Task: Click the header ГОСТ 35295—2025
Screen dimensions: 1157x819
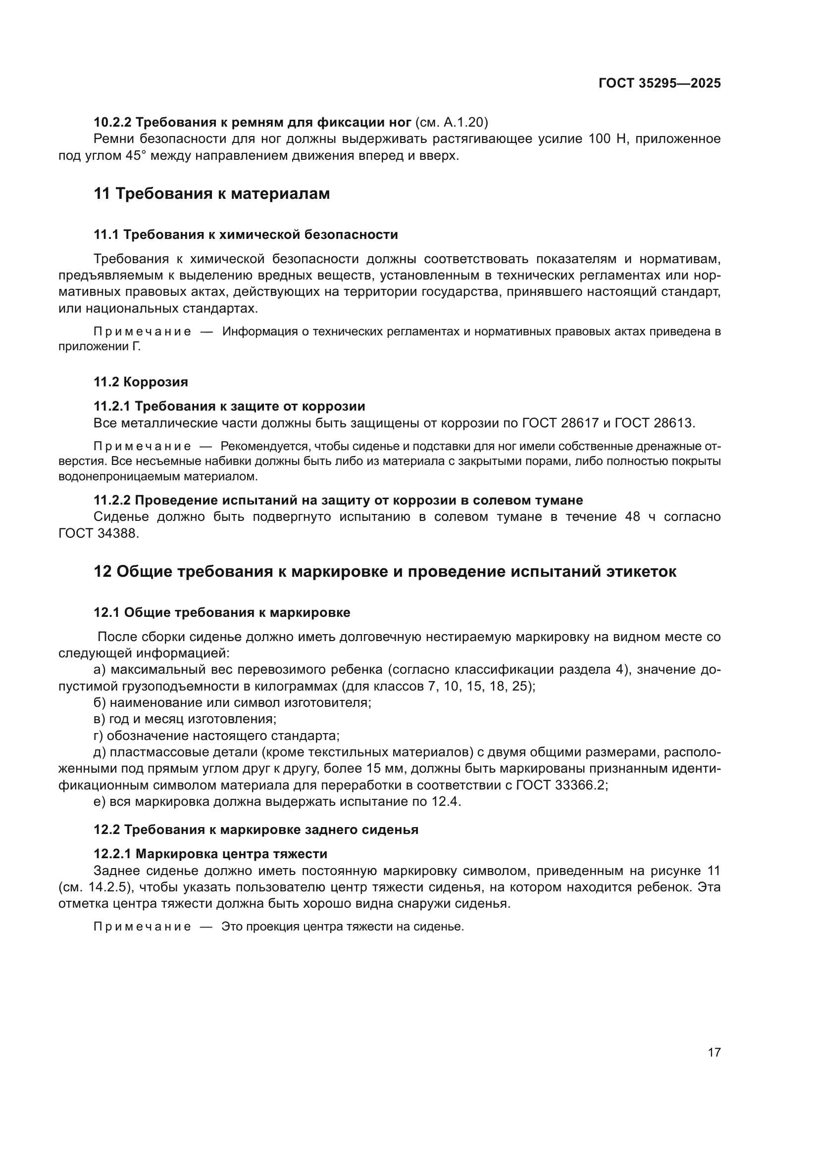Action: [x=659, y=84]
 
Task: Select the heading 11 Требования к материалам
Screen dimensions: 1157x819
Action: [x=212, y=193]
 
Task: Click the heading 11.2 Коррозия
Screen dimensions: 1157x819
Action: [x=141, y=382]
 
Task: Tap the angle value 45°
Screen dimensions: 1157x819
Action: [x=135, y=155]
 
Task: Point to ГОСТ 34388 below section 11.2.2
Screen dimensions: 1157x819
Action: [x=99, y=533]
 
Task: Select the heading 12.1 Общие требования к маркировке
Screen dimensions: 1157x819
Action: [x=222, y=612]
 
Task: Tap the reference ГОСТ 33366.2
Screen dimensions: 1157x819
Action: [x=562, y=785]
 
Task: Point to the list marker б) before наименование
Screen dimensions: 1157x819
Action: [x=100, y=702]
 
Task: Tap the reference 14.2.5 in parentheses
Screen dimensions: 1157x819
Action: [x=106, y=887]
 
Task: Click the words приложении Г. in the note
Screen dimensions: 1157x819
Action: [x=100, y=347]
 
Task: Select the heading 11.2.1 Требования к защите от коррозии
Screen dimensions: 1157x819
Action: [x=229, y=406]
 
